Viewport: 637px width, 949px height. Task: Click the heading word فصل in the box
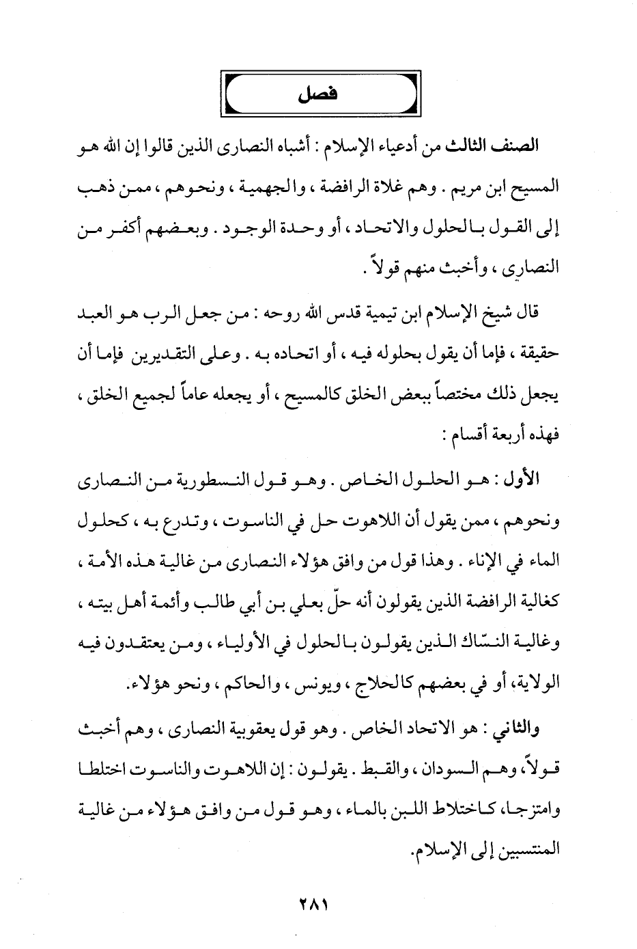pyautogui.click(x=318, y=96)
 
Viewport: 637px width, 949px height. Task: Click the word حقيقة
pyautogui.click(x=539, y=353)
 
